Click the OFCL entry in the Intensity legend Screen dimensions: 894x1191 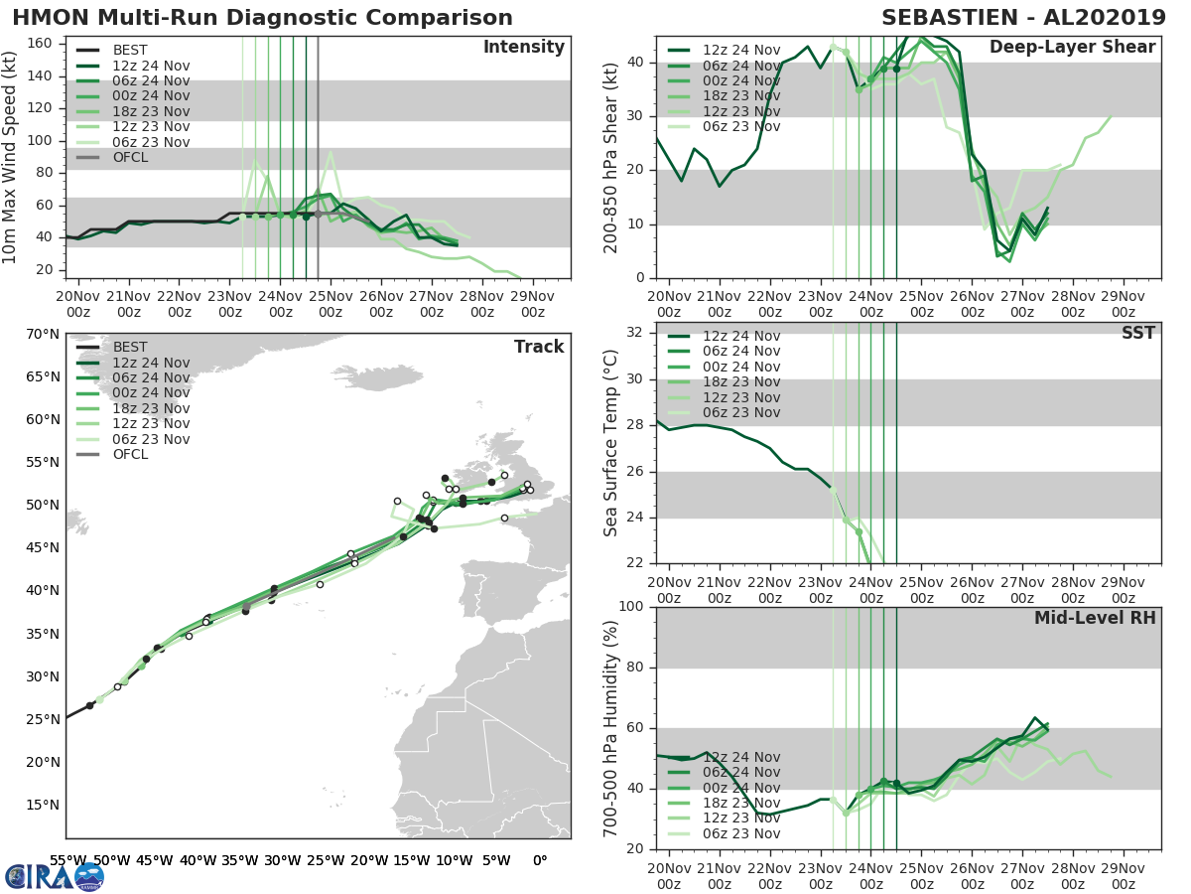coord(129,158)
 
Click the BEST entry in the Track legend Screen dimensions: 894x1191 coord(129,347)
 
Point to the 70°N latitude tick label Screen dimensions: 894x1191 coord(42,334)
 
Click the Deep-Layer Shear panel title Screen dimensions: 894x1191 coord(1072,48)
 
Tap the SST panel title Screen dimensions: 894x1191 coord(1138,333)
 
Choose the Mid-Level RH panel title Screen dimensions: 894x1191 coord(1095,618)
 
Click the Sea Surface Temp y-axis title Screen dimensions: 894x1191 coord(611,443)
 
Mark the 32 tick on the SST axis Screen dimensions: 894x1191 coord(634,332)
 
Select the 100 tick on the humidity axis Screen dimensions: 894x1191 coord(629,606)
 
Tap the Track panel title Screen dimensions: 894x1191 coord(539,347)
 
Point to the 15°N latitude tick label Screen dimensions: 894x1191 coord(42,806)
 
